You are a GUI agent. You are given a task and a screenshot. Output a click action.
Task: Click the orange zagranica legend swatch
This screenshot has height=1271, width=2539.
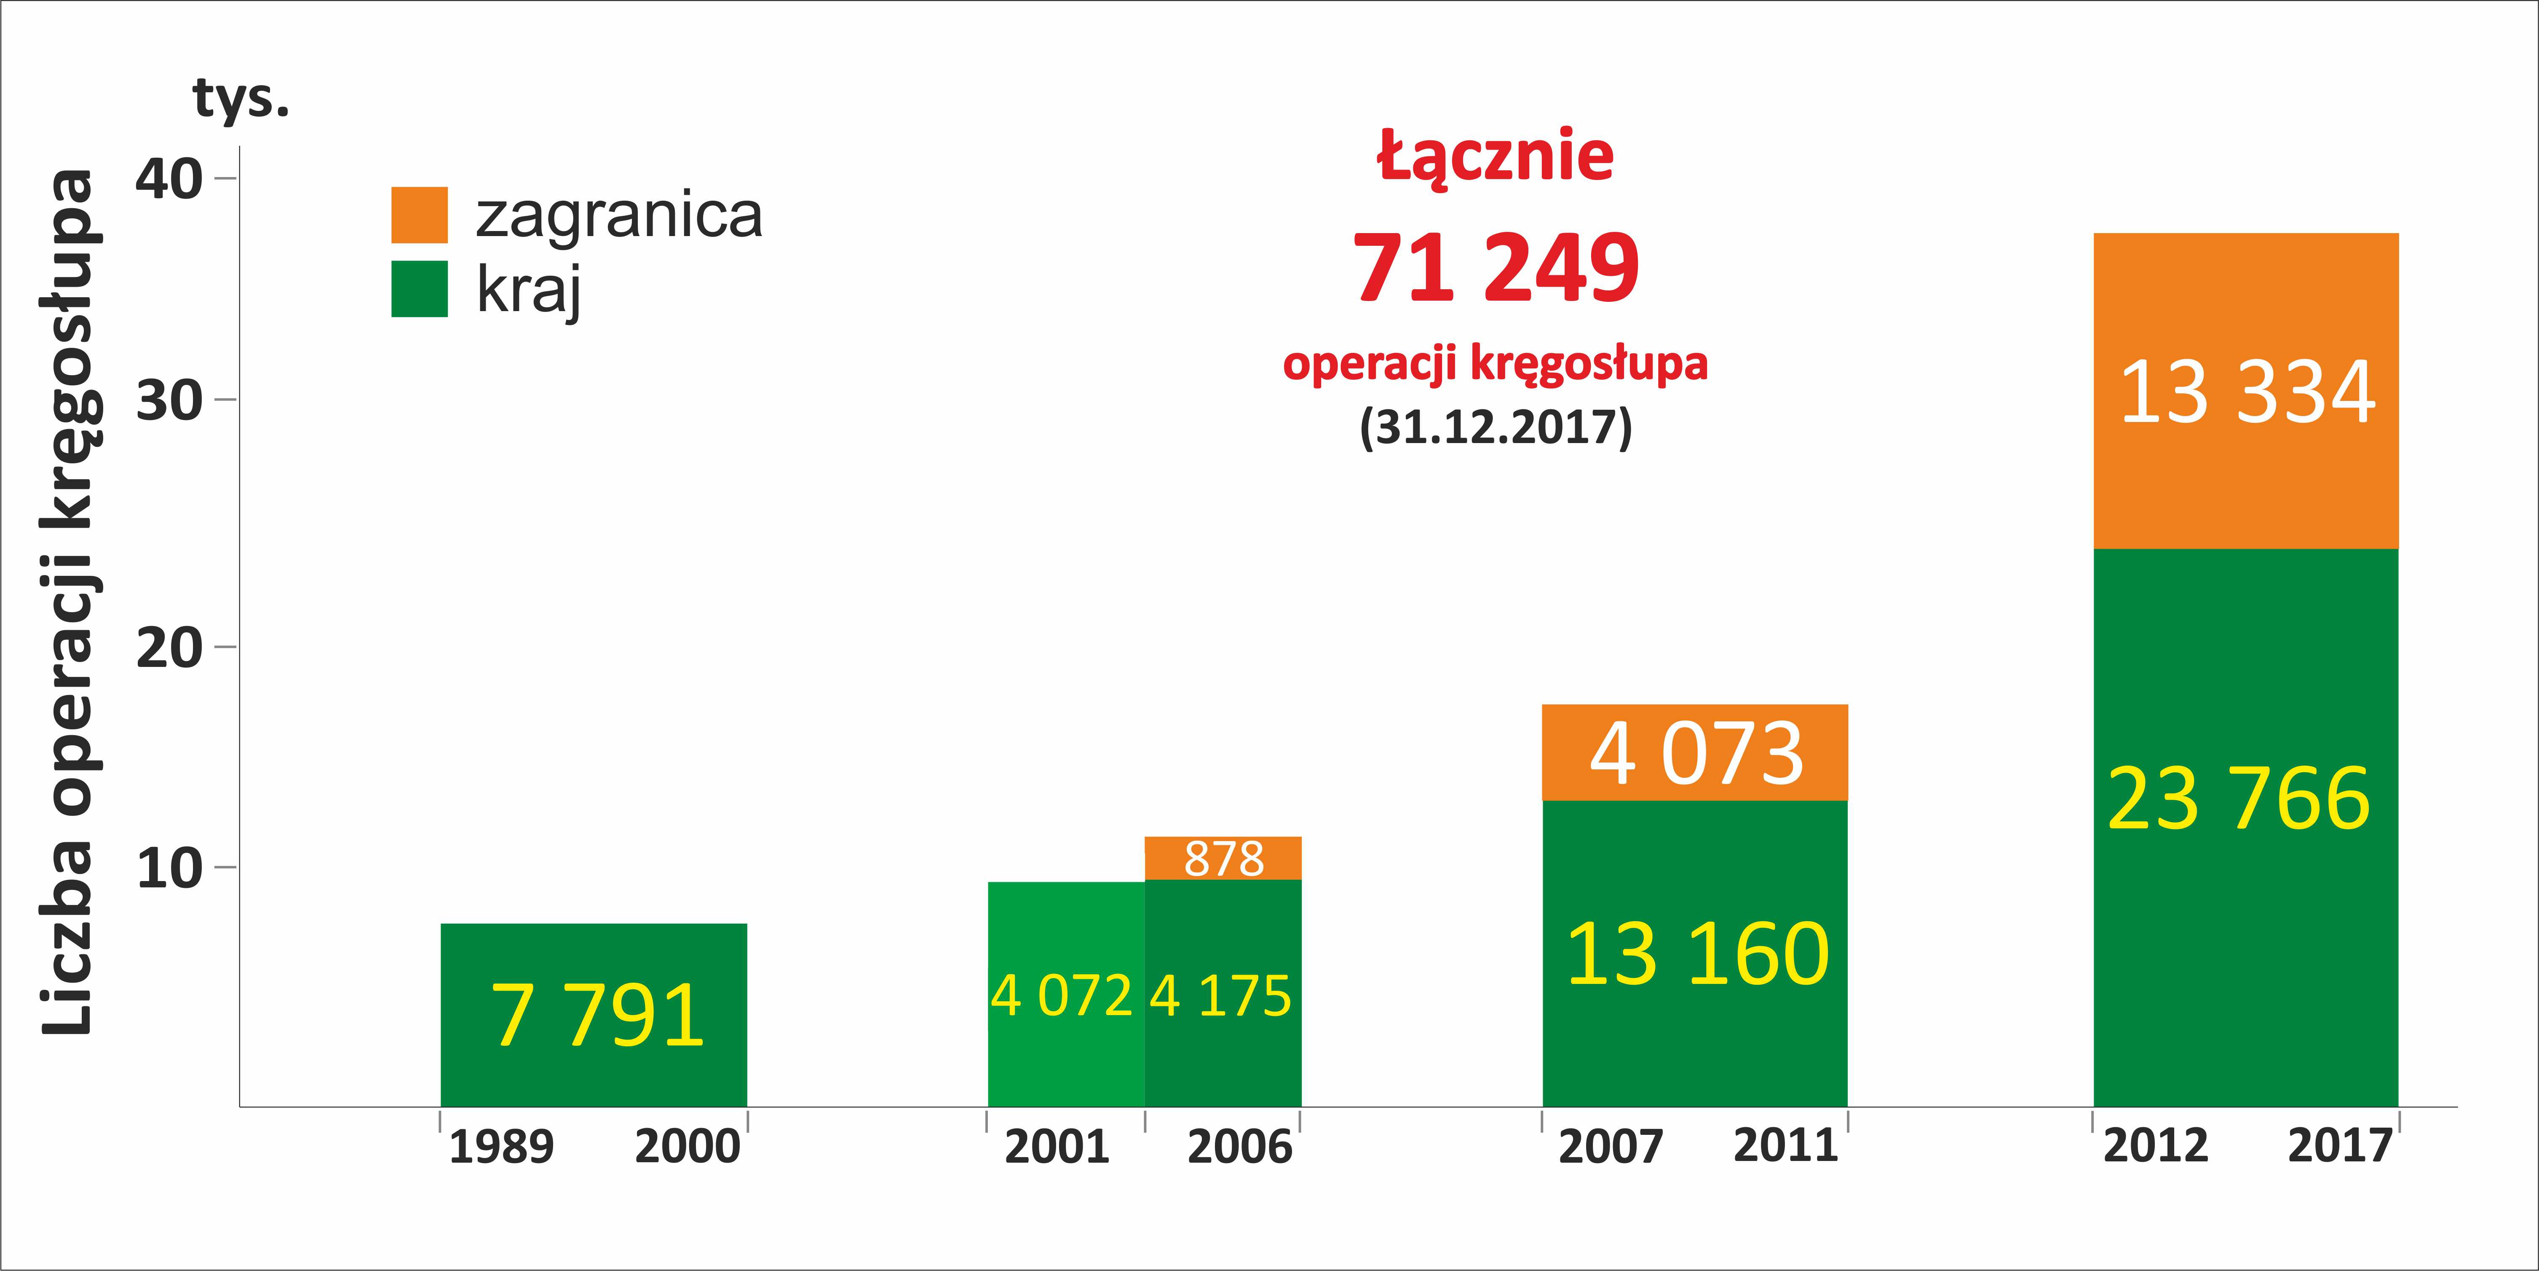tap(419, 215)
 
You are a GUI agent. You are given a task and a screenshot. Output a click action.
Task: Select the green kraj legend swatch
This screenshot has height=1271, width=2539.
tap(419, 289)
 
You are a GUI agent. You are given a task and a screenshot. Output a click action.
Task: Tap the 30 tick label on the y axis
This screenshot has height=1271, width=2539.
tap(169, 400)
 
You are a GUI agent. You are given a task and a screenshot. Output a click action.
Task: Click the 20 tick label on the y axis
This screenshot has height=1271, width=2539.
tap(169, 648)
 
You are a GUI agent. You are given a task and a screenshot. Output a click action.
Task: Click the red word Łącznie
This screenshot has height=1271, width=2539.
tap(1495, 156)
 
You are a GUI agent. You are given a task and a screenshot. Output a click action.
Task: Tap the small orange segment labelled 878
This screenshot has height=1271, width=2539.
tap(1223, 858)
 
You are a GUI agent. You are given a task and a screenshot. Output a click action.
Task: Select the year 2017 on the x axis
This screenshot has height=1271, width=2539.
tap(2339, 1146)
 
